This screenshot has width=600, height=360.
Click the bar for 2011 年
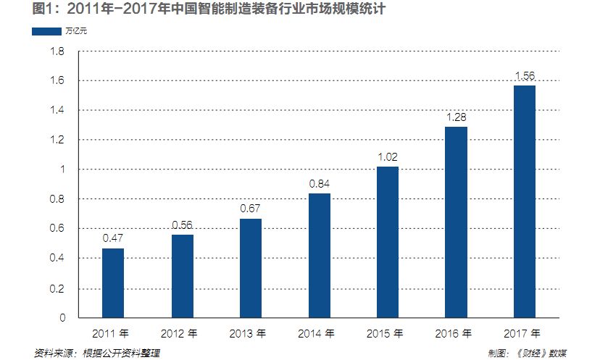click(x=112, y=283)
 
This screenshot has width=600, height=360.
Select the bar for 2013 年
click(x=251, y=268)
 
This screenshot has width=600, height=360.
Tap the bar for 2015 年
click(x=388, y=242)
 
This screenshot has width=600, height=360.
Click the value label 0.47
click(x=112, y=238)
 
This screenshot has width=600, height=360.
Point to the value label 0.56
click(x=182, y=224)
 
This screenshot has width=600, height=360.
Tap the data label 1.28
click(x=457, y=117)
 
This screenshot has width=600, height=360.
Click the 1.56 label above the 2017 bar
click(x=525, y=75)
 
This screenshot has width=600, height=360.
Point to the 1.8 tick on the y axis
click(x=58, y=52)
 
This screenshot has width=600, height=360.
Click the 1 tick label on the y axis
click(x=62, y=169)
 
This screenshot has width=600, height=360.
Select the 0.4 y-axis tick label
click(x=58, y=258)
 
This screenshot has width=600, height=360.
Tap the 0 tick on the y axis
click(x=62, y=317)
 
